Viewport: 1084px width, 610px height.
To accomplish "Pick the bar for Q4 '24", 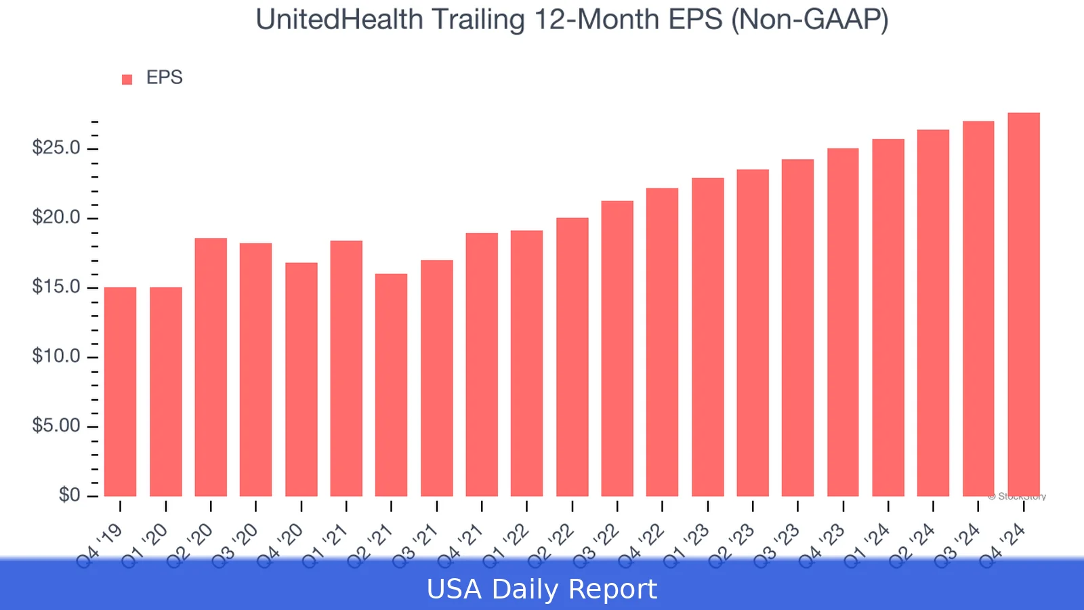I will coord(1023,304).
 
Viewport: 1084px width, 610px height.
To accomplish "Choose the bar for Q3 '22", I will coord(617,348).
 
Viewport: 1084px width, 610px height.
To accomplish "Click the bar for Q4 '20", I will coord(301,380).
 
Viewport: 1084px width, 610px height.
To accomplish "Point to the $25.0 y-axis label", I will coord(56,148).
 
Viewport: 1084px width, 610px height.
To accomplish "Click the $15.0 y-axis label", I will coord(56,287).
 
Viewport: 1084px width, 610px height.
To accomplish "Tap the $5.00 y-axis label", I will coord(56,426).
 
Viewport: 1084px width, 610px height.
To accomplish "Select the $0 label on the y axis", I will coord(69,495).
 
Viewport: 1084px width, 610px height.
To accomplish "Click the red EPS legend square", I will coord(127,79).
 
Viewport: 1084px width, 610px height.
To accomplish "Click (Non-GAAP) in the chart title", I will coord(810,20).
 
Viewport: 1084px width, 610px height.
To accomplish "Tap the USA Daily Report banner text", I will coord(542,589).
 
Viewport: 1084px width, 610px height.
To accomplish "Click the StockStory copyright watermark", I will coord(1017,497).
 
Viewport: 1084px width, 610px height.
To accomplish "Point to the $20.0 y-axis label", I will coord(56,218).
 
